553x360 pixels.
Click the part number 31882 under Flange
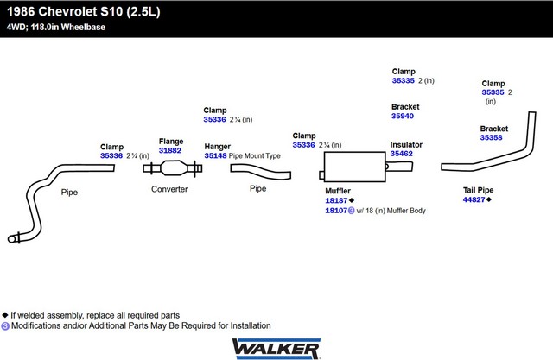click(x=170, y=150)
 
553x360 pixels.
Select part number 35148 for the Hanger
click(x=215, y=156)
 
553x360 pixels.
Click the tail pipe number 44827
click(x=474, y=199)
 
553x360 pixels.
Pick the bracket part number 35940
click(x=403, y=116)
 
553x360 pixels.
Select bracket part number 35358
click(x=492, y=137)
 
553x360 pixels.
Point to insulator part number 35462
click(x=402, y=154)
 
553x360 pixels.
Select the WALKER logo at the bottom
click(x=276, y=347)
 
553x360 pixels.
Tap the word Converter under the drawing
click(x=169, y=189)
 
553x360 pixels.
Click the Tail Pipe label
click(x=478, y=189)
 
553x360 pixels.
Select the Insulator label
click(x=406, y=144)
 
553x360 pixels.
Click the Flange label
click(x=171, y=141)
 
